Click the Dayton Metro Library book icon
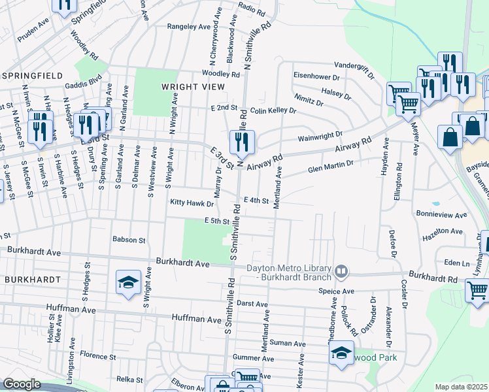[x=341, y=270]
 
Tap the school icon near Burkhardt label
[x=129, y=282]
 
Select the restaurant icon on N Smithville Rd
[x=242, y=142]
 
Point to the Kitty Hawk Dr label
[x=192, y=203]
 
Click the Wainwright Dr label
[x=320, y=136]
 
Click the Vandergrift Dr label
[x=354, y=65]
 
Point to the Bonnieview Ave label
[x=441, y=214]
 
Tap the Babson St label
[x=128, y=240]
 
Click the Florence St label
[x=97, y=357]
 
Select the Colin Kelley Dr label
[x=273, y=111]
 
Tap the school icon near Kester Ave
[x=341, y=353]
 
